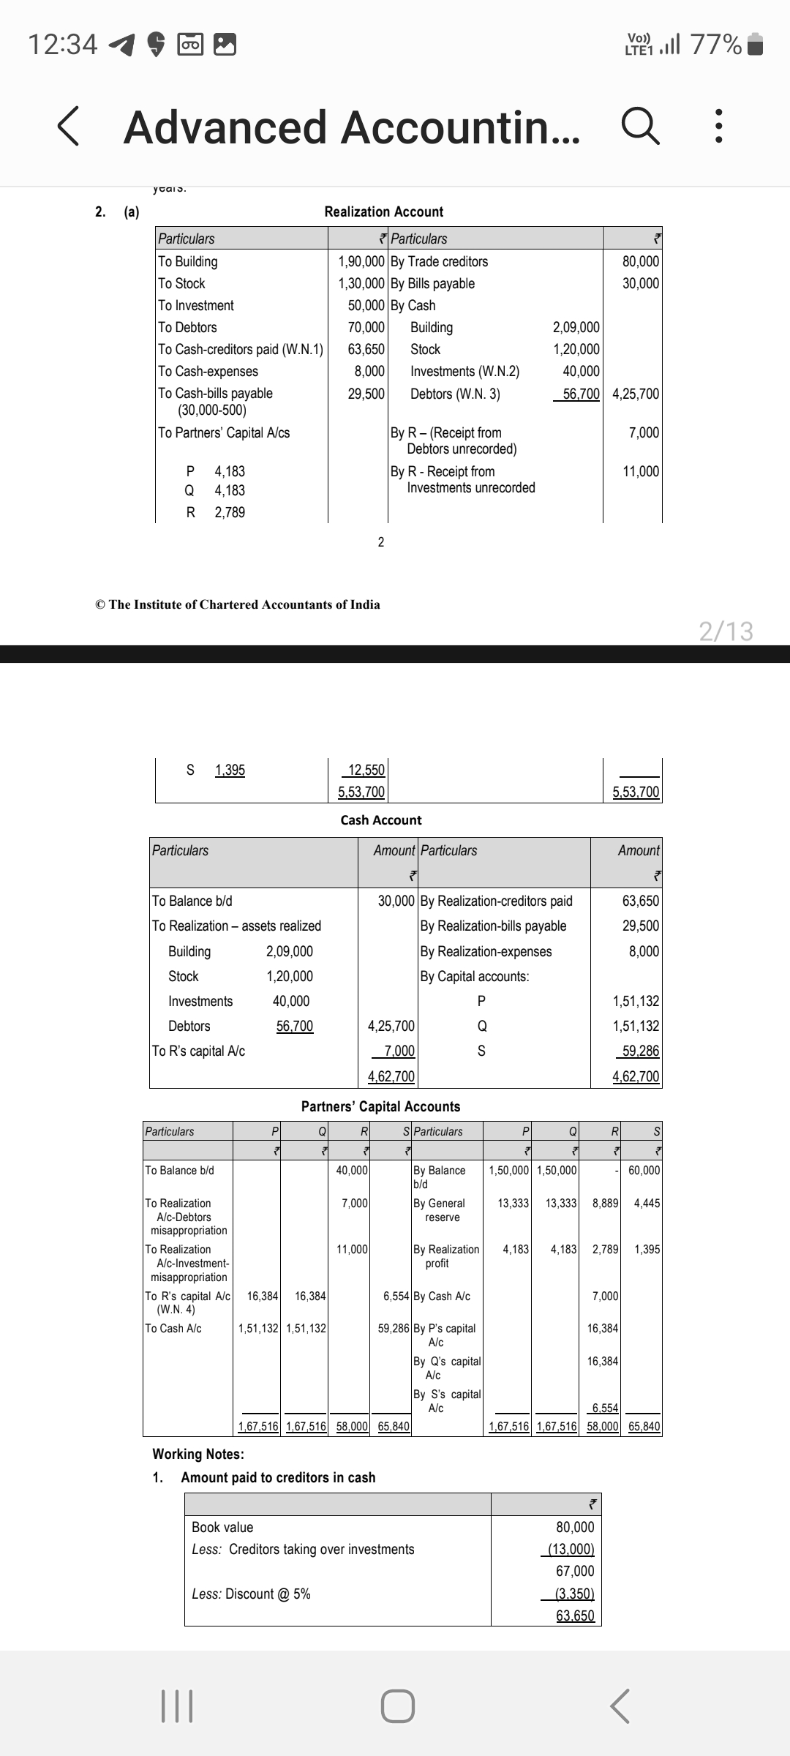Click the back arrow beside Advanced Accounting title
pyautogui.click(x=68, y=127)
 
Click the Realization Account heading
pyautogui.click(x=383, y=211)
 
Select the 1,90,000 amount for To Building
pyautogui.click(x=361, y=261)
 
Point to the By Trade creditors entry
pyautogui.click(x=439, y=261)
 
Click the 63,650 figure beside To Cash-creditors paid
pyautogui.click(x=366, y=349)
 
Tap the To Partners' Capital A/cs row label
pyautogui.click(x=224, y=432)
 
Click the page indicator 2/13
pyautogui.click(x=726, y=631)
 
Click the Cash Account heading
pyautogui.click(x=381, y=820)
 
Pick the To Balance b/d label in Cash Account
pyautogui.click(x=192, y=901)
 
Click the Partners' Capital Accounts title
pyautogui.click(x=380, y=1106)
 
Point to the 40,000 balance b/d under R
pyautogui.click(x=352, y=1170)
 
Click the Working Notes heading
pyautogui.click(x=197, y=1454)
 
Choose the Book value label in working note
pyautogui.click(x=222, y=1527)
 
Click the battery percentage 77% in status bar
pyautogui.click(x=715, y=45)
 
